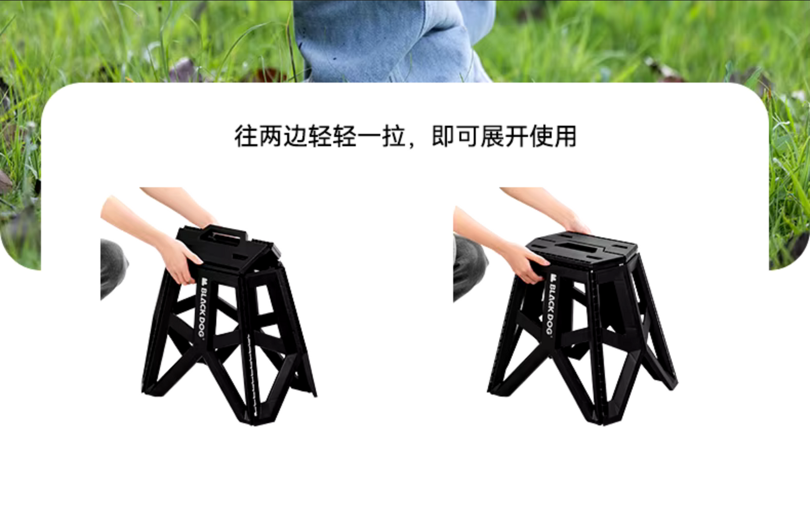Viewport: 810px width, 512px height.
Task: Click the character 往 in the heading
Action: (x=247, y=136)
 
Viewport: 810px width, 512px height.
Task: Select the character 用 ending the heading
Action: (x=564, y=136)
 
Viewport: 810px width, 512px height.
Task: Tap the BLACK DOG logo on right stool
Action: (x=550, y=305)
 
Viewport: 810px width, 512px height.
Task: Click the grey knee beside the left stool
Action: (x=113, y=267)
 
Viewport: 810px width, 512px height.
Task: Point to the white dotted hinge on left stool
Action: (x=252, y=376)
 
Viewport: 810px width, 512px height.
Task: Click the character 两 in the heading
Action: (x=271, y=136)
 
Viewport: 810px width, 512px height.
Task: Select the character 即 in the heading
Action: (x=443, y=136)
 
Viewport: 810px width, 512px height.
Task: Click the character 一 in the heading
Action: (x=369, y=137)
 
